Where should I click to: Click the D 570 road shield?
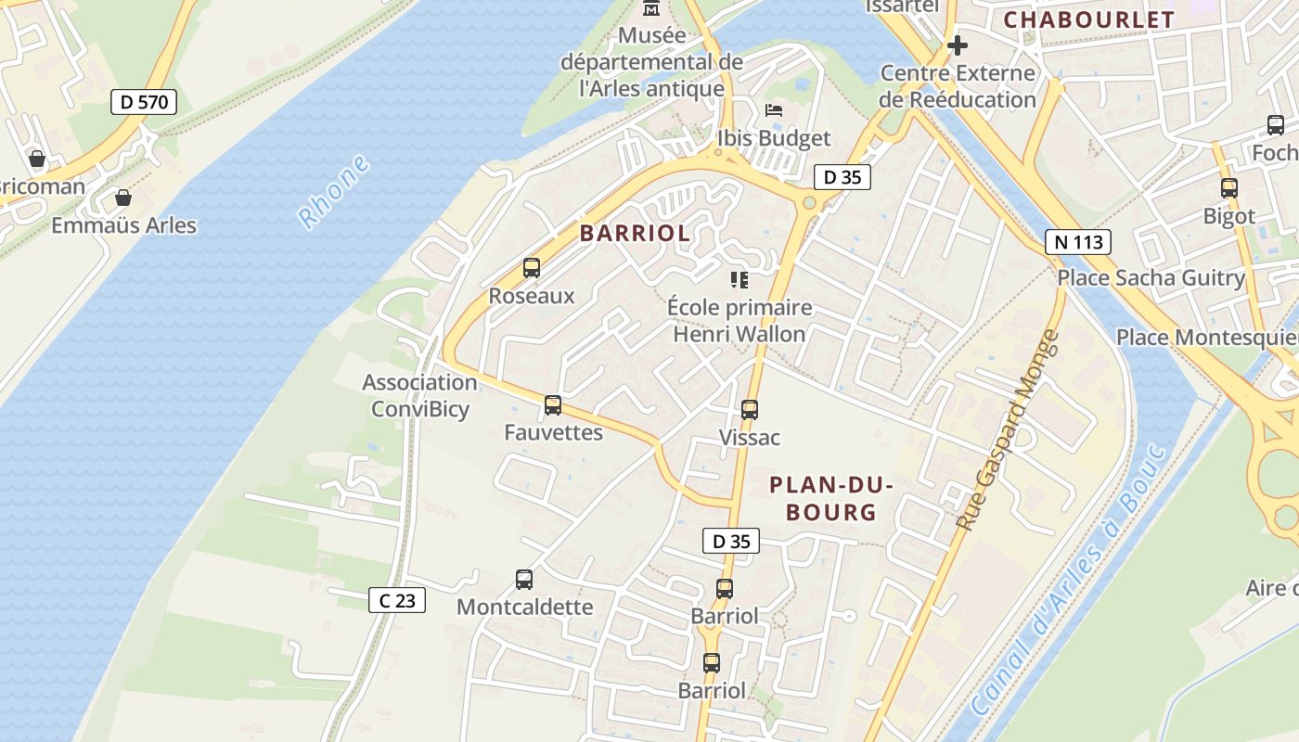[144, 101]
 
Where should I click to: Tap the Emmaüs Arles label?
[123, 225]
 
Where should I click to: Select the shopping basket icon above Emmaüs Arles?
[122, 198]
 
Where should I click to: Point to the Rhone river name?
[333, 192]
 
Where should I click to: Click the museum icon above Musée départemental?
[652, 8]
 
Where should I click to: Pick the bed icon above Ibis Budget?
[774, 110]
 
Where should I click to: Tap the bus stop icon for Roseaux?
[532, 268]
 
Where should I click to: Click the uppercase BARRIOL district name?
[636, 234]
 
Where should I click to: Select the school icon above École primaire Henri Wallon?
[740, 279]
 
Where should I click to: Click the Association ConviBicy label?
[420, 396]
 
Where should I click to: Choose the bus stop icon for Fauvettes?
[553, 405]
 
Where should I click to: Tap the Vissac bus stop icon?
[750, 409]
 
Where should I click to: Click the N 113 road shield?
[1077, 242]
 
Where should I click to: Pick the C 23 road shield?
[397, 600]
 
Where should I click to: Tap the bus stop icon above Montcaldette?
[524, 580]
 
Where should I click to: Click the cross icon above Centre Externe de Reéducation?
[958, 45]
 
